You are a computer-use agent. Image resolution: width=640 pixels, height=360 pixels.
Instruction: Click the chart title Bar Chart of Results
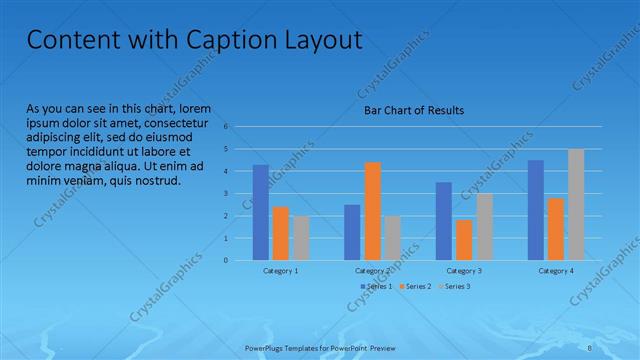point(413,110)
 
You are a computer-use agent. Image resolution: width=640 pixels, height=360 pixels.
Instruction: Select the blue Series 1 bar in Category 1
point(260,212)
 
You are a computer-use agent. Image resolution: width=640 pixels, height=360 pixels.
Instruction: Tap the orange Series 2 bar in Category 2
point(372,210)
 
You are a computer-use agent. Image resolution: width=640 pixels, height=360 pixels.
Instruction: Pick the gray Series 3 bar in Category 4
point(576,204)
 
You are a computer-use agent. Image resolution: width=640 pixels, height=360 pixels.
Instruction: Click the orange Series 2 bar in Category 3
point(464,240)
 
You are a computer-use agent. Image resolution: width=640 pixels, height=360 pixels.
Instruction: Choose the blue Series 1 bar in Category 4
point(536,210)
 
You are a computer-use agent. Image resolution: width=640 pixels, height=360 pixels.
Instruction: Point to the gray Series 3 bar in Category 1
point(301,238)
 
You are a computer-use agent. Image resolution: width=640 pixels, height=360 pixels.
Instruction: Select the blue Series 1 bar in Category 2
point(352,232)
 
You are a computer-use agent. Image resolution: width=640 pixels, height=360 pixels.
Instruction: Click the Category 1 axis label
point(281,271)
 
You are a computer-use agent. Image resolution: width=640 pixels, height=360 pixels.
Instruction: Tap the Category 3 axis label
point(464,271)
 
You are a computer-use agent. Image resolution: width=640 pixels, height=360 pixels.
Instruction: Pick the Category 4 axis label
point(556,271)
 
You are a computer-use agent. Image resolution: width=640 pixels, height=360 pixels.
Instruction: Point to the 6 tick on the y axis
point(227,127)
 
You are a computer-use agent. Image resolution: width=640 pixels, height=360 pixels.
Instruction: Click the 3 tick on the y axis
point(227,194)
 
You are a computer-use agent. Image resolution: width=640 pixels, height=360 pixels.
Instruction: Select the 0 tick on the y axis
point(227,260)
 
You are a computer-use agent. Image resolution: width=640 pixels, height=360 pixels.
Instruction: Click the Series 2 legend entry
point(416,287)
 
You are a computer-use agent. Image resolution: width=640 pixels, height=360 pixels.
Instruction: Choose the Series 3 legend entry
point(456,287)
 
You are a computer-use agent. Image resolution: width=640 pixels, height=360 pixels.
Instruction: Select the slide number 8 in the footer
point(591,349)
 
